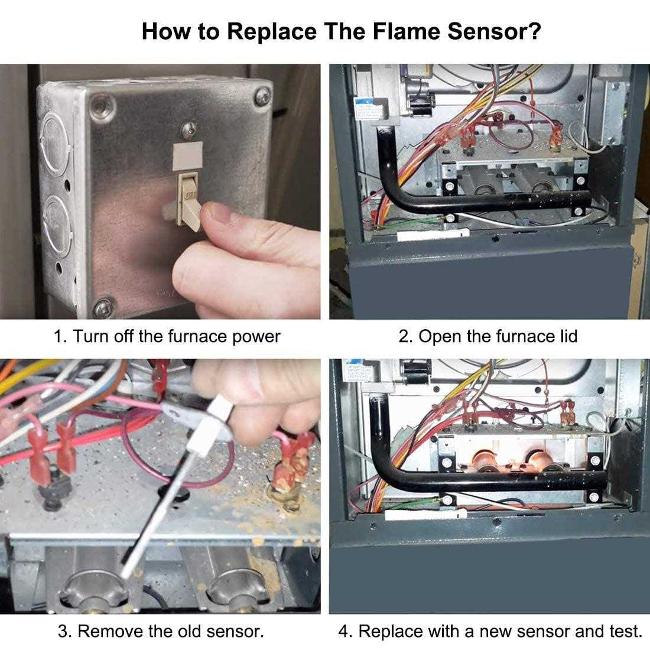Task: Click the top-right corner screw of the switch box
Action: click(262, 97)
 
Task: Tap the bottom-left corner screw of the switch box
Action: click(105, 307)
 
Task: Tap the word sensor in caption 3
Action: click(233, 631)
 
